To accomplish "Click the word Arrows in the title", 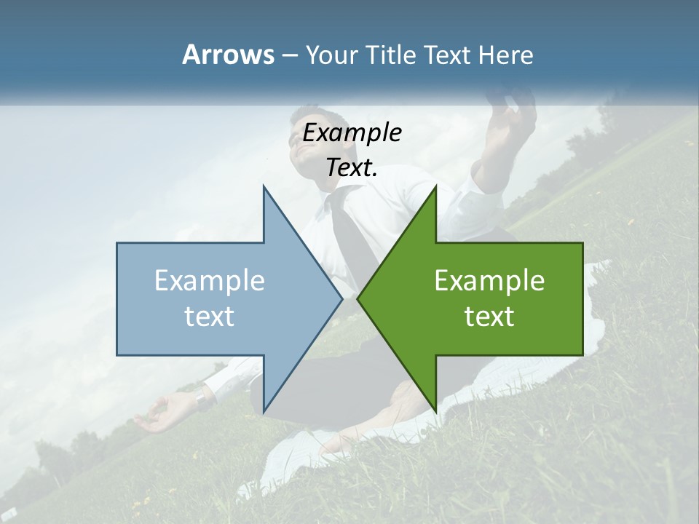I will coord(228,55).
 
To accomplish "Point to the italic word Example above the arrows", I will coord(352,133).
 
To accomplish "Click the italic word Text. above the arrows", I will coord(352,168).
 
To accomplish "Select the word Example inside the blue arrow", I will coord(210,281).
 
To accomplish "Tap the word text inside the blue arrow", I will coord(210,316).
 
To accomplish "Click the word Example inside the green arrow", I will coord(489,281).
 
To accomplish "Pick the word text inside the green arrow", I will coord(489,316).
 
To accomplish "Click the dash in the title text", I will coord(289,56).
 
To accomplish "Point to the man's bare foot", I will coord(342,440).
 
